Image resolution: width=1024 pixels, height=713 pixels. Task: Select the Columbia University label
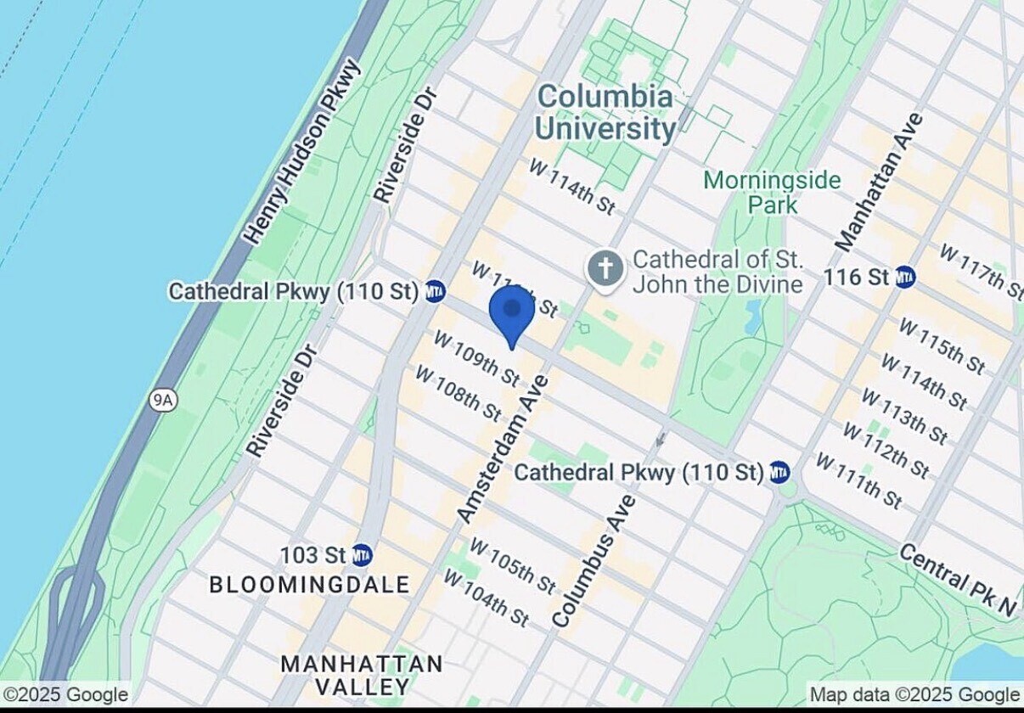click(605, 113)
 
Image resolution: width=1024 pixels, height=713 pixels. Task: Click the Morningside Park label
click(772, 193)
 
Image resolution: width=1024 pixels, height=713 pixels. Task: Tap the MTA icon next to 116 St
click(905, 277)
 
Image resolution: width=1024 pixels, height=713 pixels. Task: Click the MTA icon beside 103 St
click(362, 555)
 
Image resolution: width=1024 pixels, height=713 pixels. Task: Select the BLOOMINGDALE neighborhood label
click(309, 585)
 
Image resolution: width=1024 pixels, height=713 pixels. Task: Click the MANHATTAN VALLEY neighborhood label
click(362, 675)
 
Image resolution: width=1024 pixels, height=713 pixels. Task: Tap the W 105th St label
click(513, 565)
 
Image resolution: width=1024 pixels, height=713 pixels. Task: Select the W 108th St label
click(458, 393)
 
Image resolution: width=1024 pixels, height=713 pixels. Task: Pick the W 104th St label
click(486, 598)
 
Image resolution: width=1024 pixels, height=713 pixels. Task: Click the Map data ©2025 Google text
click(914, 695)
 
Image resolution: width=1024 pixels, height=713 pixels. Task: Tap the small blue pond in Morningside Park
click(753, 317)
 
